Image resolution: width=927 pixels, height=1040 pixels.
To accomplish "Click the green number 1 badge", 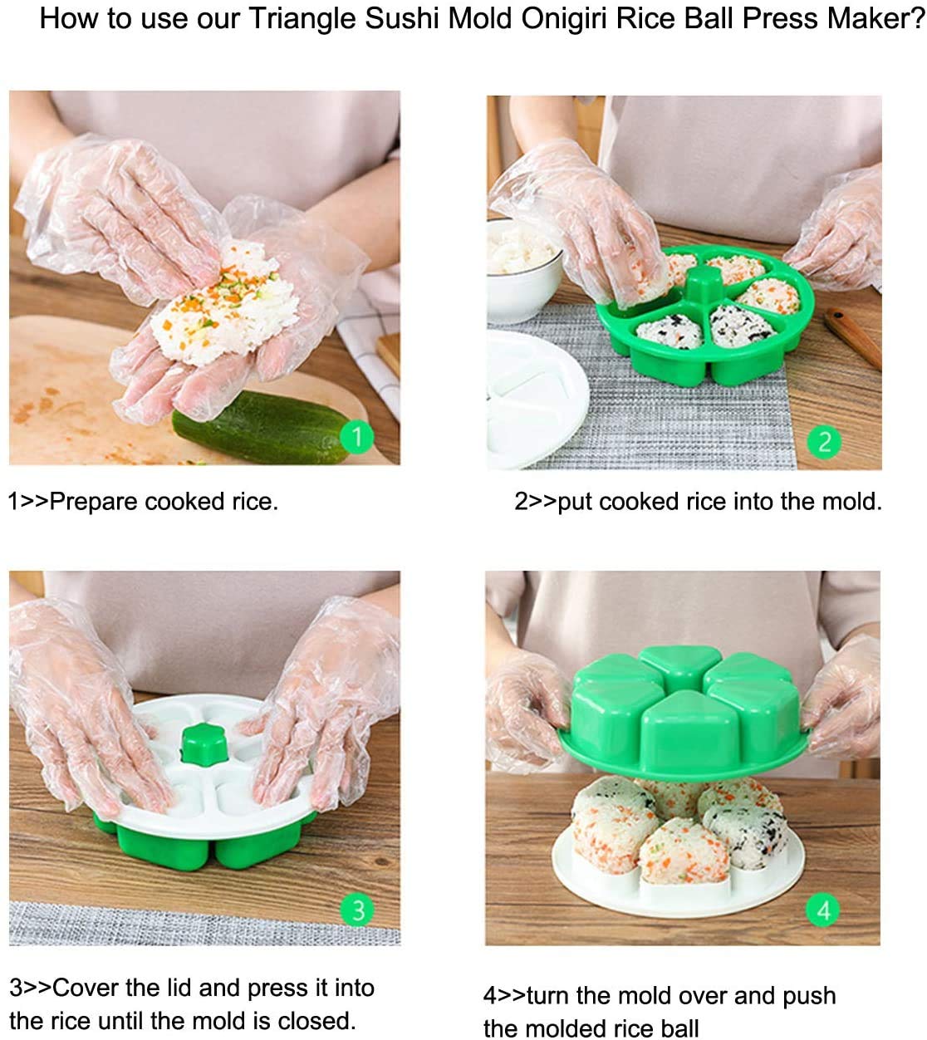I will (x=357, y=436).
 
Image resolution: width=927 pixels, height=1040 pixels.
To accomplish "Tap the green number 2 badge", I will (x=824, y=441).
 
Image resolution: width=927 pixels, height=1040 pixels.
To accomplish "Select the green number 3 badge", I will (x=358, y=910).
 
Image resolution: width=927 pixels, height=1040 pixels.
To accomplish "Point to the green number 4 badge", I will (x=823, y=910).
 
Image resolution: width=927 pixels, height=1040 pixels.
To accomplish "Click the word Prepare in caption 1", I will (x=94, y=502).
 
